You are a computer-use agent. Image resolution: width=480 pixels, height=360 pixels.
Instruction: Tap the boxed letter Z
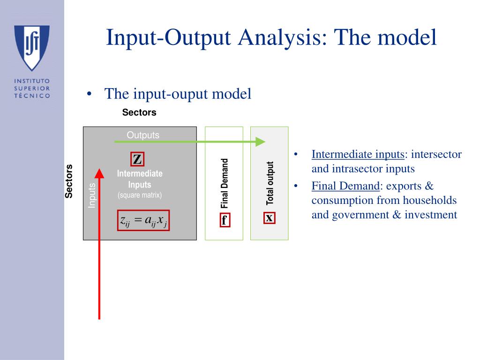(x=137, y=159)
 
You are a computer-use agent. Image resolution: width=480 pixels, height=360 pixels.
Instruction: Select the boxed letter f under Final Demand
(x=224, y=220)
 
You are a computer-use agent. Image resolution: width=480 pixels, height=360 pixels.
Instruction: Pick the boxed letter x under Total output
(x=269, y=218)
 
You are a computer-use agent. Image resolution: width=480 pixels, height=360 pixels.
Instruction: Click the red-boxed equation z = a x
(x=143, y=220)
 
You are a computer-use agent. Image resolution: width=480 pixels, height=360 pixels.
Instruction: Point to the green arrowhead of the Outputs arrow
(x=260, y=142)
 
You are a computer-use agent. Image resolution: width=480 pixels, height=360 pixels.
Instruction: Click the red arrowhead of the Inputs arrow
(x=99, y=173)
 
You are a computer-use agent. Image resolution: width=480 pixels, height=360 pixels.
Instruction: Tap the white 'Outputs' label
(x=143, y=135)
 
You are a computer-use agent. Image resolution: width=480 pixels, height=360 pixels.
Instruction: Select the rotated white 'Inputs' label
(x=92, y=195)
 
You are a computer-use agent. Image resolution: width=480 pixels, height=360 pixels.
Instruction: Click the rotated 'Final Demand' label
(x=225, y=183)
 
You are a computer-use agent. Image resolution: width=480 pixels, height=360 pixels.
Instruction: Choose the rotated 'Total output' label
(x=270, y=183)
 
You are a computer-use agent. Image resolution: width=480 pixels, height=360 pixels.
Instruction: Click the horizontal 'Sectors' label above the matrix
(x=139, y=112)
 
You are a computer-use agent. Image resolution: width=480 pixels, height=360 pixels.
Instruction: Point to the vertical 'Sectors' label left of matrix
(x=69, y=181)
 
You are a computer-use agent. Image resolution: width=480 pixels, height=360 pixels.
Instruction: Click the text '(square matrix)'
(x=140, y=195)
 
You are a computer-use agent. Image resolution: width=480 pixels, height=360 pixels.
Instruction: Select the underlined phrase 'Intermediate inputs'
(x=358, y=155)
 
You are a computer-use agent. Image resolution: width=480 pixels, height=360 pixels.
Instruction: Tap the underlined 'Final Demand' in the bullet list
(x=345, y=186)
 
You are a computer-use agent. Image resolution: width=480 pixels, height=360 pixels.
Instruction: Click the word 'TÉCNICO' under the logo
(x=32, y=95)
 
